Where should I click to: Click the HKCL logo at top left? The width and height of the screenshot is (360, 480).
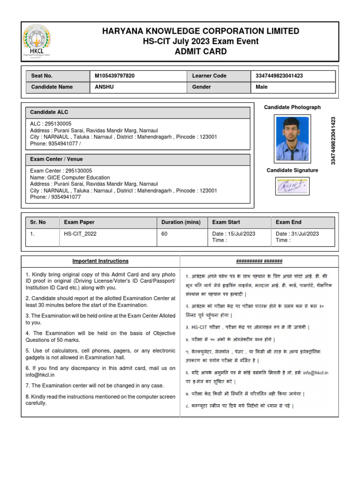click(x=37, y=42)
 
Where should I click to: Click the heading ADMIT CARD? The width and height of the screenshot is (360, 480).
click(x=201, y=52)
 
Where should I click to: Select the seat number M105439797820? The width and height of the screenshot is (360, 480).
click(x=114, y=76)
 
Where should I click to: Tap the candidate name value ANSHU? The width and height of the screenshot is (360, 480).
click(x=104, y=87)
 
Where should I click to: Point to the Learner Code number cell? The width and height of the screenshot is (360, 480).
click(x=279, y=76)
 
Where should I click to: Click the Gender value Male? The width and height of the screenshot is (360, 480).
click(x=262, y=87)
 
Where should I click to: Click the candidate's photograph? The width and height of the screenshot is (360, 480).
click(x=292, y=139)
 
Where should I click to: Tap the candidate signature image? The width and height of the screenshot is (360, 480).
click(x=292, y=187)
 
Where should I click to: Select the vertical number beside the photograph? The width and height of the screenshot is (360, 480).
click(x=333, y=140)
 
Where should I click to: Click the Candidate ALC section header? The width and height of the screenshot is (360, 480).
click(x=49, y=112)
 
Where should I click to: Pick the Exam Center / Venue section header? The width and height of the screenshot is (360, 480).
click(x=56, y=159)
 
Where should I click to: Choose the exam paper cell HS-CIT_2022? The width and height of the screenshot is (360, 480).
click(x=80, y=234)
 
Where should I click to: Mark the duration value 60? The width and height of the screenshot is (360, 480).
click(x=165, y=234)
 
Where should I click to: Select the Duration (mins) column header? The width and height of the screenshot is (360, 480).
click(x=180, y=222)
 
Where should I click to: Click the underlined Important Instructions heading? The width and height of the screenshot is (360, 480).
click(x=100, y=261)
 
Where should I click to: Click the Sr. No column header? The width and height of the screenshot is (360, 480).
click(x=38, y=222)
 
